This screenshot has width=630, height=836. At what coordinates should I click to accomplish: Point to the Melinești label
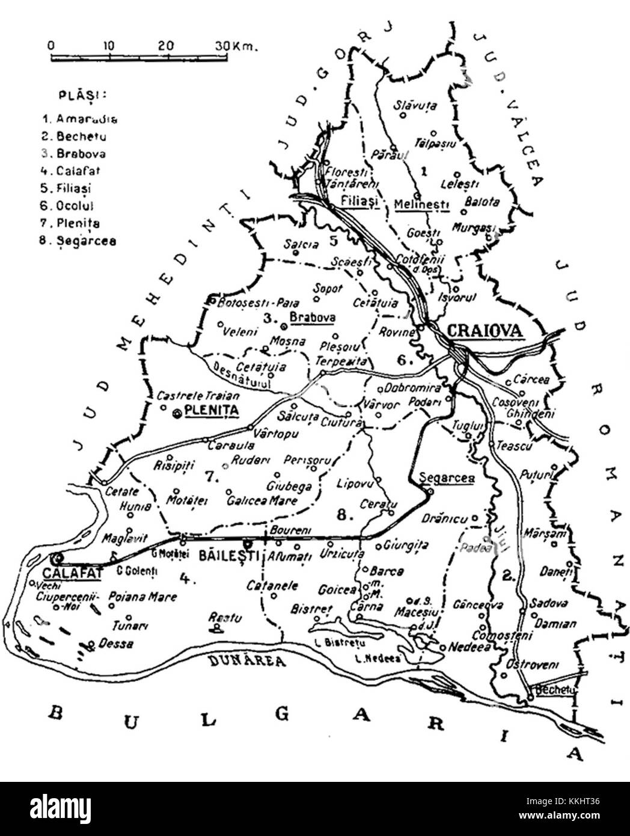(x=421, y=204)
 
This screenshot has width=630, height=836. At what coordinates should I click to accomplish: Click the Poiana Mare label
(x=143, y=597)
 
